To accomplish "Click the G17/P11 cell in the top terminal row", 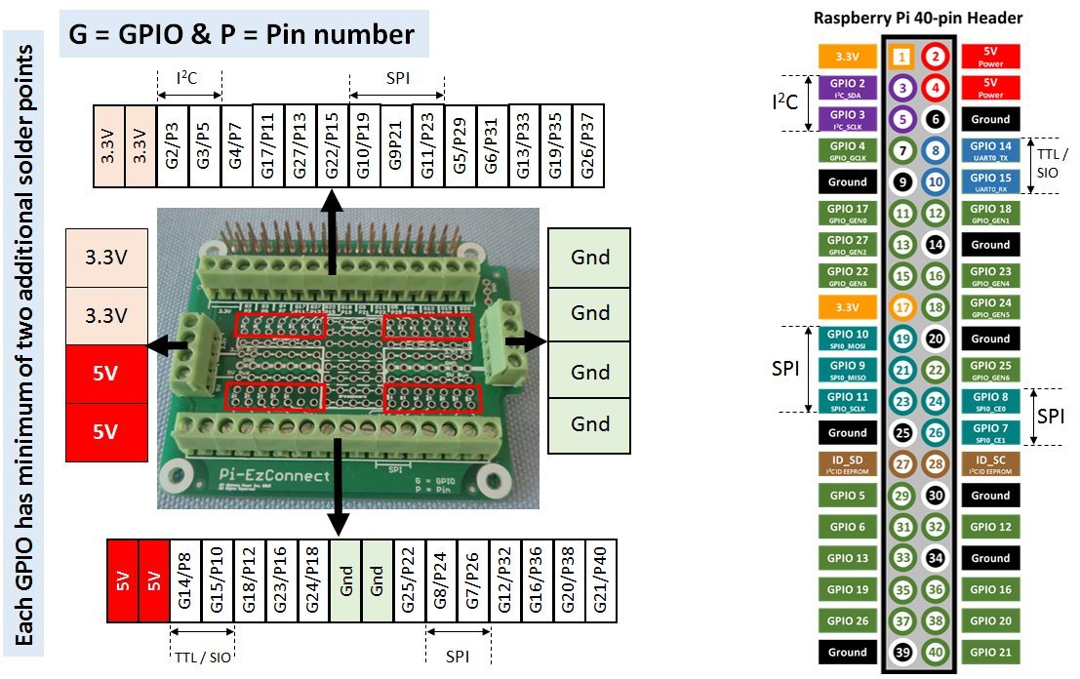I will pyautogui.click(x=269, y=145).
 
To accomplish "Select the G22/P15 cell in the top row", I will pyautogui.click(x=333, y=145).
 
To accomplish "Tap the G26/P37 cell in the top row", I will pyautogui.click(x=587, y=145).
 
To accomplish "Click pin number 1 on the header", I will pyautogui.click(x=902, y=58).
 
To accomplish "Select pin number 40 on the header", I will pyautogui.click(x=935, y=652).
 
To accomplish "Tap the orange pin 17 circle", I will pyautogui.click(x=902, y=307).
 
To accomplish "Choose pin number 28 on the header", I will pyautogui.click(x=935, y=464).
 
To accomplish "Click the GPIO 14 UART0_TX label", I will pyautogui.click(x=991, y=150).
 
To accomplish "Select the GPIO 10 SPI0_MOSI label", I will pyautogui.click(x=847, y=339).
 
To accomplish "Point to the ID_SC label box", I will pyautogui.click(x=991, y=464).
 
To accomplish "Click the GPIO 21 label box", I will pyautogui.click(x=991, y=652).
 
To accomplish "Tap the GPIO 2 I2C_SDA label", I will pyautogui.click(x=847, y=88).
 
